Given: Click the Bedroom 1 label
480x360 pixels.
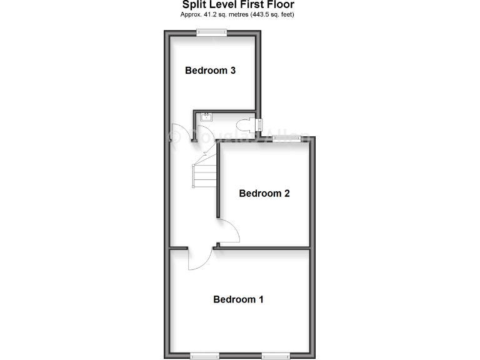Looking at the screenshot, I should coord(238,299).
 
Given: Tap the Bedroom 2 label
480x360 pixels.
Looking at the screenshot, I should coord(264,193).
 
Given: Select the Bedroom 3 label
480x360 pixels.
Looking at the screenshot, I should coord(210,71).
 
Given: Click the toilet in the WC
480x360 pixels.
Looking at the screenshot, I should coord(247,123).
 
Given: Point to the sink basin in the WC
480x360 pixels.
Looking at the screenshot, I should coord(206,116).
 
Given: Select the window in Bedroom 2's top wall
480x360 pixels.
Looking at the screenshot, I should coord(287,137).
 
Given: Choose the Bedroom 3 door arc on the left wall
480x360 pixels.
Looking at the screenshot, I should coord(177,134).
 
